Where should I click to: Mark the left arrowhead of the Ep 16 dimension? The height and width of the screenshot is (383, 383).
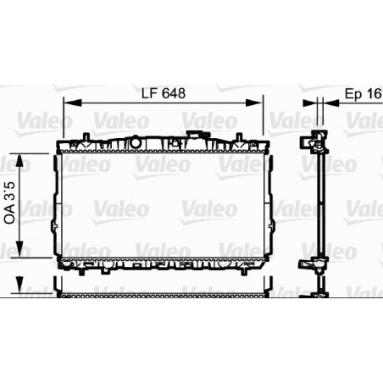[310, 102]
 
